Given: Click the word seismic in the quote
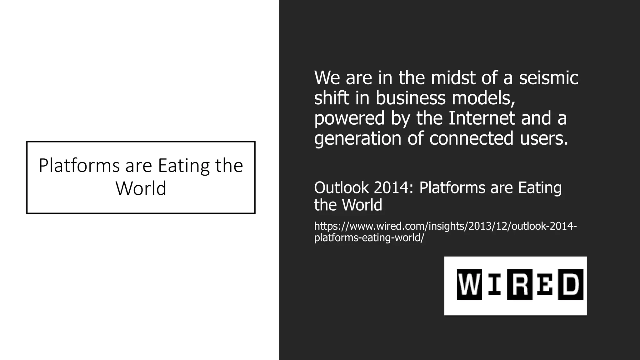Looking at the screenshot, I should coord(548,78).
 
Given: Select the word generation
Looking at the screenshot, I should coord(357,138).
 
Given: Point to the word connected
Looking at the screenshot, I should coord(471,138).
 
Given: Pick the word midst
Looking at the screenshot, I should coord(453,78).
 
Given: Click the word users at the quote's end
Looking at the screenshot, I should coord(544,138).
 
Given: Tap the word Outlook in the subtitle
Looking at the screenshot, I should coord(341,187).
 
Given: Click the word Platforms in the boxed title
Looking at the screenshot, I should coord(79,166).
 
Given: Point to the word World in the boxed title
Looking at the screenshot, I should coord(141,188).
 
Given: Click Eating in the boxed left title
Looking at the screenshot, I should coord(184,166).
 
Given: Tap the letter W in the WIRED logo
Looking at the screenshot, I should coord(469,284).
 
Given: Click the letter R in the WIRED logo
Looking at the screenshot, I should coord(520,284).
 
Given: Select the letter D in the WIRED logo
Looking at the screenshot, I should coord(571,284).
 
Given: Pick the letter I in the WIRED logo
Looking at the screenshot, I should coord(494,284).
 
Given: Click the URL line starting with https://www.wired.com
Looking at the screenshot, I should coord(445,226).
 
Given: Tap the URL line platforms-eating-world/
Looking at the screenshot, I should coord(369,238).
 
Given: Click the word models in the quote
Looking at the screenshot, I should coord(483,98).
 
